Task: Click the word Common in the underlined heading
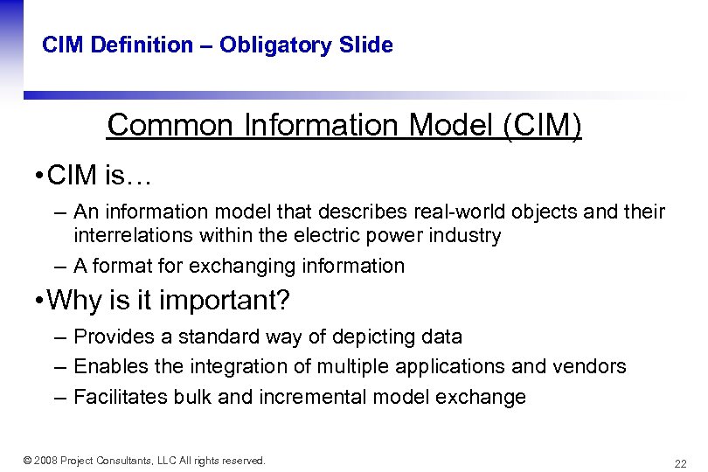(167, 126)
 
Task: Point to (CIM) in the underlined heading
(542, 126)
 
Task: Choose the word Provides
(111, 337)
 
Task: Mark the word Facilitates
(115, 397)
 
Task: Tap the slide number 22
(680, 463)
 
